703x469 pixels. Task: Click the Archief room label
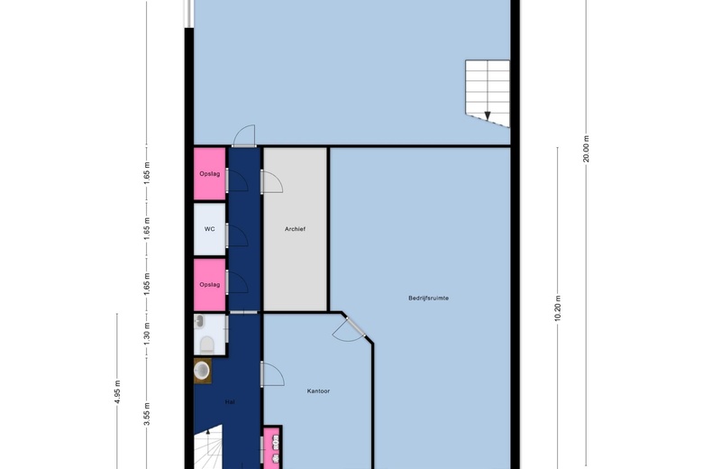(x=295, y=229)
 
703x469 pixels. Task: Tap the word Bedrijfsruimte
(x=428, y=298)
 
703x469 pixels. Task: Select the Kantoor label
(x=318, y=391)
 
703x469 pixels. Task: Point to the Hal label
(x=230, y=402)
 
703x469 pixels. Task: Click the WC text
(x=209, y=229)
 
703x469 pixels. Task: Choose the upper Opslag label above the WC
(x=210, y=174)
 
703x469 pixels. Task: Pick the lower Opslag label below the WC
(x=210, y=284)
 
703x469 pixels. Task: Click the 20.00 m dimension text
(x=586, y=149)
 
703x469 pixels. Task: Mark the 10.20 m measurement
(x=557, y=308)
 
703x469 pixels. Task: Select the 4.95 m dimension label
(x=117, y=391)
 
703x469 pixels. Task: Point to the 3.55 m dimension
(x=147, y=414)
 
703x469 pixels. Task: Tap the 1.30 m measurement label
(x=147, y=332)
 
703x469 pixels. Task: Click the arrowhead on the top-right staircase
(x=488, y=115)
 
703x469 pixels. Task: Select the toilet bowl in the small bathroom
(x=206, y=345)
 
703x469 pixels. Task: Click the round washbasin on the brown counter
(x=202, y=371)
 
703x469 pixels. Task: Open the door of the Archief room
(x=271, y=182)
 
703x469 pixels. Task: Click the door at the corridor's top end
(x=244, y=136)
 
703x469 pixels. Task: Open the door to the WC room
(x=237, y=235)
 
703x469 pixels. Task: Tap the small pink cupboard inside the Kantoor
(x=271, y=447)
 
